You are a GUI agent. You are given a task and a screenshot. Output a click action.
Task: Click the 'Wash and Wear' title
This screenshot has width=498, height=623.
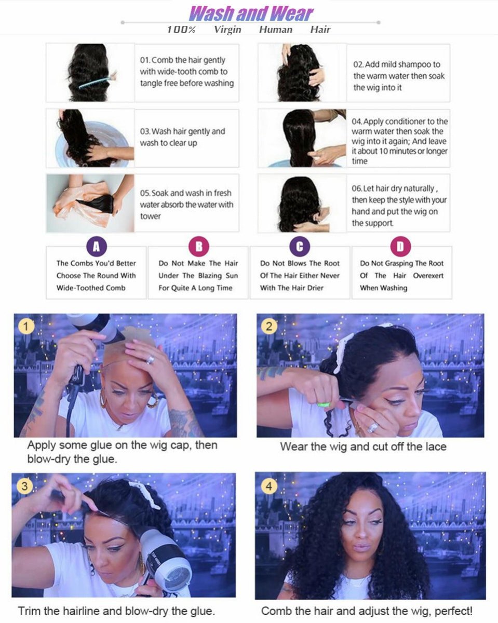[251, 12]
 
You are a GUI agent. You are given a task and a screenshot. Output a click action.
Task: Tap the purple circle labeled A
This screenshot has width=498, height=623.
[96, 246]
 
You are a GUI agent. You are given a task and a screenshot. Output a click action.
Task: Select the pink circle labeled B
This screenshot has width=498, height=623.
[198, 246]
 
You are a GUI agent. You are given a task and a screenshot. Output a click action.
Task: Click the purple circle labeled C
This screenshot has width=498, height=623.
[300, 246]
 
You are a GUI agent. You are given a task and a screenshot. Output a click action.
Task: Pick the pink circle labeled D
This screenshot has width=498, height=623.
[400, 246]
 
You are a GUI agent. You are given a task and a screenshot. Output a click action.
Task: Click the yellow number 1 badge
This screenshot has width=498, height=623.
[25, 327]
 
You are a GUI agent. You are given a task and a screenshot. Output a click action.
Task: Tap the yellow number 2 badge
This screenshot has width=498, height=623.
[268, 327]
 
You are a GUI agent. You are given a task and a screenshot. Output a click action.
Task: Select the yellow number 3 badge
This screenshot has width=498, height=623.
[24, 486]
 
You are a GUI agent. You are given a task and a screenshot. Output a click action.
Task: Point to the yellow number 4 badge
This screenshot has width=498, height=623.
[268, 486]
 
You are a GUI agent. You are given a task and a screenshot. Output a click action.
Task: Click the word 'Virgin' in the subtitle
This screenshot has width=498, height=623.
[227, 30]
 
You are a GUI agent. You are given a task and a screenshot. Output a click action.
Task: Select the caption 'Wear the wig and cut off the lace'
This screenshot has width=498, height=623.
[363, 446]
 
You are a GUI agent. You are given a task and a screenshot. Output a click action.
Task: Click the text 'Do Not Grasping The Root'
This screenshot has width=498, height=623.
[402, 263]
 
